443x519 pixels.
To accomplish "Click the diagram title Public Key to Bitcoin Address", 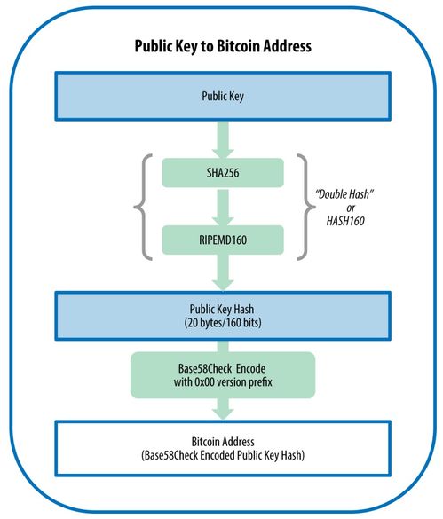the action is tap(223, 46).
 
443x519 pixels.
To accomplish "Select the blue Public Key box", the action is tap(223, 96).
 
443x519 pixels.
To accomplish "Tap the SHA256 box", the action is tap(223, 173).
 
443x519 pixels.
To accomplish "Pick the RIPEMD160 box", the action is tap(223, 240).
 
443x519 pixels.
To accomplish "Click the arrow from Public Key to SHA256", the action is tap(223, 139).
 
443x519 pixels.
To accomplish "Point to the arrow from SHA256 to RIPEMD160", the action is tap(223, 207).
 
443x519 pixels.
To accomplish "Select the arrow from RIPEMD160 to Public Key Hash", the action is tap(223, 273).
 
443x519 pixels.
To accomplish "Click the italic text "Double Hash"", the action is tap(344, 194).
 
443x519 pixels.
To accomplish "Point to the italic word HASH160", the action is tap(345, 221).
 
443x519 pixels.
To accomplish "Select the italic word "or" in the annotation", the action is tap(351, 208).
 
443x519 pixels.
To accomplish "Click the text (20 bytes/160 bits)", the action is tap(223, 322).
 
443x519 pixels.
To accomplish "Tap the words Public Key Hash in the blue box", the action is tap(222, 309).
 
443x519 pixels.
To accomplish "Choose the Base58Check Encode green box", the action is tap(223, 375).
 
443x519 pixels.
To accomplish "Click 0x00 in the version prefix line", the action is tap(204, 382).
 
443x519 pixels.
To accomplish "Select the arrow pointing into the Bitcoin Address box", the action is tap(223, 409).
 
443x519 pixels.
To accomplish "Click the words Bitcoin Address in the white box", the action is tap(223, 442).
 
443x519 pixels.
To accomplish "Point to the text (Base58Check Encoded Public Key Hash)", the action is tap(223, 455).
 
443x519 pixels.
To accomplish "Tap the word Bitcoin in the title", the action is tap(239, 46).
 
